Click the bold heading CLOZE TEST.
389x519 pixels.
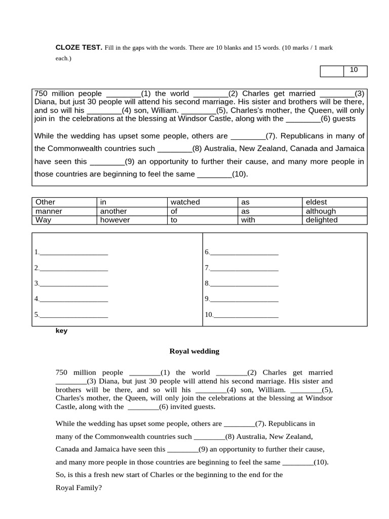tap(79, 47)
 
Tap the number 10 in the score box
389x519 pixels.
tap(354, 70)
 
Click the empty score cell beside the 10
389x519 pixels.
tap(332, 71)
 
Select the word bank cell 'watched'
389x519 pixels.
tap(185, 202)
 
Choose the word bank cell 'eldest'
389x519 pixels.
tap(317, 202)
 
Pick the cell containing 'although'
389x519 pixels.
tap(321, 211)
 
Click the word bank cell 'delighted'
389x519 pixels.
tap(322, 220)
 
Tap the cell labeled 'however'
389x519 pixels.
tap(115, 220)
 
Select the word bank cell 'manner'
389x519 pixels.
tap(49, 211)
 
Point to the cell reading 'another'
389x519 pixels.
tap(113, 211)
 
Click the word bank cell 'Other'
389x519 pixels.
tap(46, 202)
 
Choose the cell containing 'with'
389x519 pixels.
tap(248, 220)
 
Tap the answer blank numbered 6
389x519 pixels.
tap(244, 252)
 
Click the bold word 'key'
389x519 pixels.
tap(61, 331)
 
